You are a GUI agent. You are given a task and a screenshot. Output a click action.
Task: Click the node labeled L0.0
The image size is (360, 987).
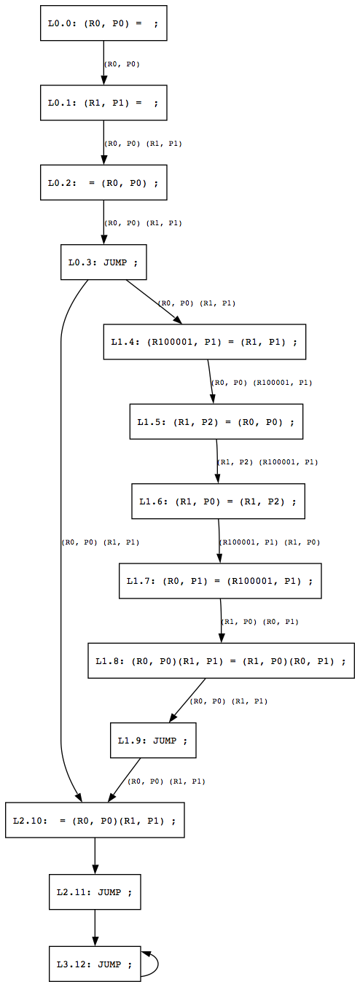[x=103, y=23]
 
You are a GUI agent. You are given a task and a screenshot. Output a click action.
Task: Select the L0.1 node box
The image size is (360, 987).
[x=103, y=103]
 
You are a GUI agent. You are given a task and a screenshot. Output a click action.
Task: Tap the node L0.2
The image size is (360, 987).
[x=103, y=182]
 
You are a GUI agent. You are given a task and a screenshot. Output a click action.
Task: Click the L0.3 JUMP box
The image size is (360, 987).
[x=103, y=262]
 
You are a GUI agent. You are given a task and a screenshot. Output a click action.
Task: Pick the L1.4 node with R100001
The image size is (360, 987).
[x=204, y=341]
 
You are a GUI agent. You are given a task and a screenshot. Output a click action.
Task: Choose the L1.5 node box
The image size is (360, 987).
[x=216, y=421]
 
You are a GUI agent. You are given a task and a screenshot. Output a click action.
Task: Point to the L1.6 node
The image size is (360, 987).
[x=218, y=502]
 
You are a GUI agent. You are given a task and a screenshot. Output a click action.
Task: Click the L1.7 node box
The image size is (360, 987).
[x=220, y=581]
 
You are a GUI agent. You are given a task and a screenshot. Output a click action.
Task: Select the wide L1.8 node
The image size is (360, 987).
[x=221, y=661]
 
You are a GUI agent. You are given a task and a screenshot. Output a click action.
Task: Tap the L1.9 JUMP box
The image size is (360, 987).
[x=153, y=741]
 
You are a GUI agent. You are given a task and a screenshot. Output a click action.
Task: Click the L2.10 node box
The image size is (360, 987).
[x=95, y=820]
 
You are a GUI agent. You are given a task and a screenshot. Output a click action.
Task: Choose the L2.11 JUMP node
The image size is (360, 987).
[x=95, y=892]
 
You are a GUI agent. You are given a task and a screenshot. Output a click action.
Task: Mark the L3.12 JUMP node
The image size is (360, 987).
[x=95, y=964]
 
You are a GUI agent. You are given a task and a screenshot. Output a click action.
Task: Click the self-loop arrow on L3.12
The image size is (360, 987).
[x=157, y=964]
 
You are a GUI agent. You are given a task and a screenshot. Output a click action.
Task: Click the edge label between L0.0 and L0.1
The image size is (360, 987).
[x=122, y=64]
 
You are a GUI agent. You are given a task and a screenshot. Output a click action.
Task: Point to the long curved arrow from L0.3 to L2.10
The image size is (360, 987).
[x=61, y=539]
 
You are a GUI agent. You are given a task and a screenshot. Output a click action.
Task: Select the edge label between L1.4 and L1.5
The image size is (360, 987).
[x=262, y=382]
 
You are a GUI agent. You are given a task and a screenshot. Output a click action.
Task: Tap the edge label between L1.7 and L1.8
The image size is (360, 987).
[x=259, y=622]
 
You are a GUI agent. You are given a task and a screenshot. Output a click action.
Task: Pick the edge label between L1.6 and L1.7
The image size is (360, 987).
[x=270, y=542]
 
